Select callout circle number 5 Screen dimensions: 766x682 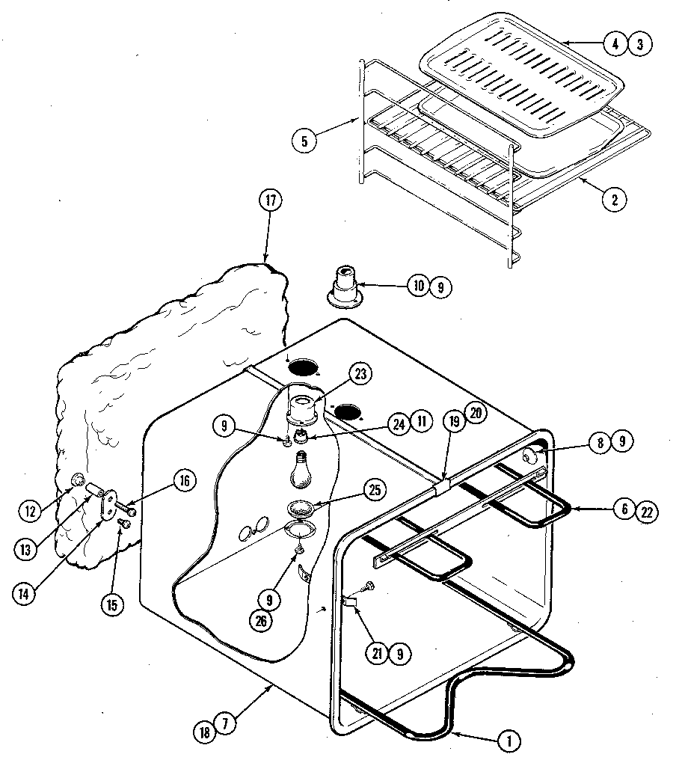coord(302,139)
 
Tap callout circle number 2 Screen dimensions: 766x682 coord(615,199)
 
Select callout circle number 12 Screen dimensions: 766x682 coord(31,511)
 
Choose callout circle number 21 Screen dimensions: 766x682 coord(376,653)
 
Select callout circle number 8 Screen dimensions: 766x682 coord(600,442)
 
